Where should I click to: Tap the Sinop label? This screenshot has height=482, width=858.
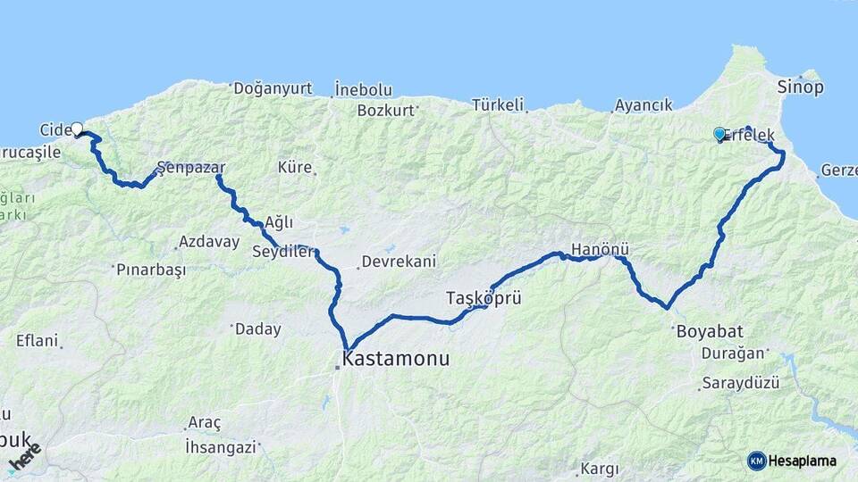[x=800, y=87]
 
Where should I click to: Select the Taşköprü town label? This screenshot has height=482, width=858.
[x=484, y=298]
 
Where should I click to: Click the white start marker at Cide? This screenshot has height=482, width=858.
[x=77, y=129]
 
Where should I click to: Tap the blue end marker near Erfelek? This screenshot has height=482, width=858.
[x=719, y=134]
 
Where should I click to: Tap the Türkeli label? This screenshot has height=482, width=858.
[x=497, y=104]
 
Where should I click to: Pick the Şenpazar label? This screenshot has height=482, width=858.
[x=190, y=167]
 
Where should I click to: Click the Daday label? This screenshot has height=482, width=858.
[x=257, y=329]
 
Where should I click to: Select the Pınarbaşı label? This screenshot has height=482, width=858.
[x=151, y=269]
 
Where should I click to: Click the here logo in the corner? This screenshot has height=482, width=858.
[x=26, y=457]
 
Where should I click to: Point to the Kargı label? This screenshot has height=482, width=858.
[x=600, y=469]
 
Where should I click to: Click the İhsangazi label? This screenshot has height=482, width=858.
[x=221, y=445]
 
